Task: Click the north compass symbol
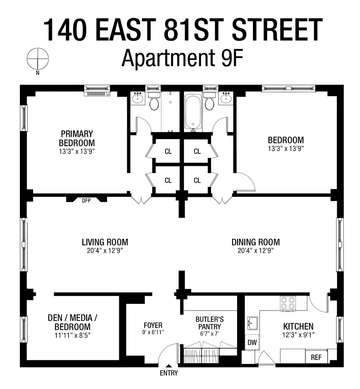click(38, 59)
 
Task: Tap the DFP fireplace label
click(86, 201)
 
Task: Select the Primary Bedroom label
click(77, 138)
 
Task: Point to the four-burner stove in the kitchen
click(288, 304)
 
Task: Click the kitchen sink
click(253, 323)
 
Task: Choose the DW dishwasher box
click(252, 342)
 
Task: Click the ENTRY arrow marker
click(169, 365)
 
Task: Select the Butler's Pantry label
click(210, 323)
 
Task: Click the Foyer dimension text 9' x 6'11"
click(153, 332)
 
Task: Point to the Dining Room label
click(256, 242)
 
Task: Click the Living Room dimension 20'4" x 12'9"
click(105, 251)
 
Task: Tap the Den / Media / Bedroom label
click(73, 322)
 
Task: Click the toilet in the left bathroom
click(154, 102)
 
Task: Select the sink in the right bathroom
click(226, 98)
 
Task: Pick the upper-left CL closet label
click(168, 151)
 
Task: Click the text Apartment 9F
click(182, 58)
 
